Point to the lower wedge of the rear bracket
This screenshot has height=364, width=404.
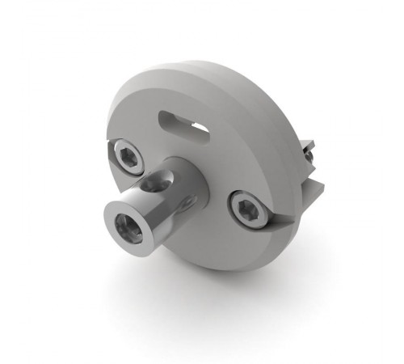point(312,190)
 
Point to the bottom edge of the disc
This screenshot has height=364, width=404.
point(226,267)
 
